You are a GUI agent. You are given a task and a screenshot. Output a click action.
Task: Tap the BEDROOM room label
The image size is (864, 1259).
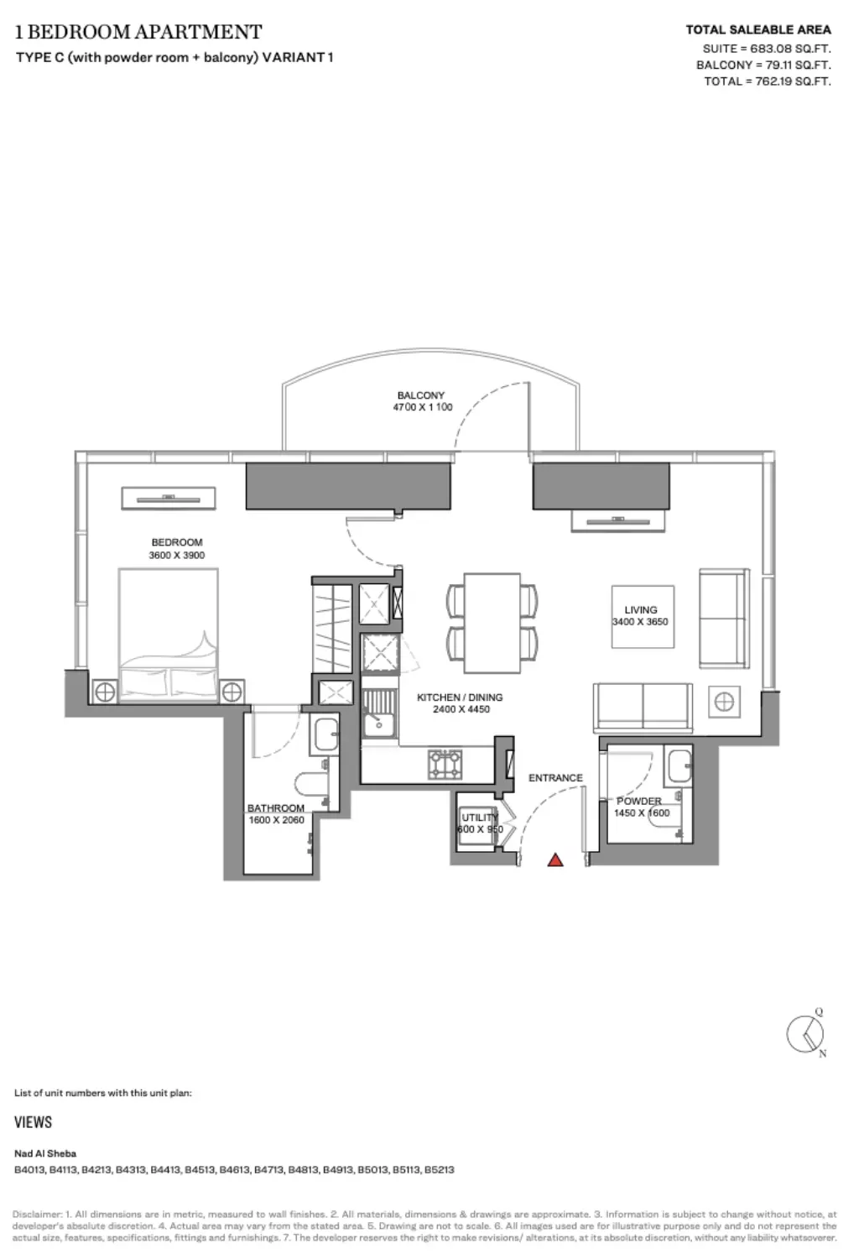click(x=177, y=542)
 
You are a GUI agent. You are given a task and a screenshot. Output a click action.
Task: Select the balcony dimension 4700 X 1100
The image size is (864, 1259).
click(x=423, y=407)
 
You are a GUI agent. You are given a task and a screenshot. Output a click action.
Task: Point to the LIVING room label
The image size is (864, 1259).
click(x=640, y=610)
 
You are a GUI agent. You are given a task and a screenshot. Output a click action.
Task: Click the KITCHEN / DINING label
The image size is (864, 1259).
click(x=460, y=697)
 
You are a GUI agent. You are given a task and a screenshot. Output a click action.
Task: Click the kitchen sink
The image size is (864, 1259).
click(x=379, y=713)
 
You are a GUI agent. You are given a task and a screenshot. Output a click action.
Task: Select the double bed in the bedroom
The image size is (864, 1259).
click(x=168, y=635)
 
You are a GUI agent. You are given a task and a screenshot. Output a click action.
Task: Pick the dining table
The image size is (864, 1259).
click(x=492, y=623)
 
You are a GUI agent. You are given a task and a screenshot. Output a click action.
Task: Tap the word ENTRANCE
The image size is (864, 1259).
click(x=555, y=778)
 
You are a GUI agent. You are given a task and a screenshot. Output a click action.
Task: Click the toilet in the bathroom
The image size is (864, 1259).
click(x=311, y=784)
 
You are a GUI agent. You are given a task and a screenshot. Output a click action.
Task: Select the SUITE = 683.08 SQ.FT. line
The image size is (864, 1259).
click(x=767, y=49)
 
